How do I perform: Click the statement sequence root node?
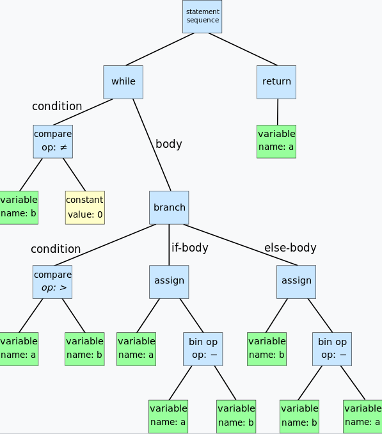tap(202, 16)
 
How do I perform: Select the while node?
tap(123, 82)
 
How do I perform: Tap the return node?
tap(276, 82)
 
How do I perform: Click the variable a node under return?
tap(276, 141)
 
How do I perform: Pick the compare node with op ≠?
tap(52, 141)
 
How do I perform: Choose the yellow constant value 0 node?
tap(84, 207)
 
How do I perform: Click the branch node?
tap(169, 207)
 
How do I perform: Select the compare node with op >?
tap(52, 282)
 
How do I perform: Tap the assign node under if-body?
tap(169, 282)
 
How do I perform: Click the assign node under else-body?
tap(296, 282)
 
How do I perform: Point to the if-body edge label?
tap(189, 248)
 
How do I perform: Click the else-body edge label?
tap(290, 248)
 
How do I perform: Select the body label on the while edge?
tap(169, 144)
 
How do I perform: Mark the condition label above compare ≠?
tap(57, 106)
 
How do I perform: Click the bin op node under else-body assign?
tap(333, 348)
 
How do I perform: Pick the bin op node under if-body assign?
tap(203, 348)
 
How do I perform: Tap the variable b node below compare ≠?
tap(19, 207)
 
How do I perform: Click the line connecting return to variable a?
tap(277, 112)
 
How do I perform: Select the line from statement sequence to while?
tap(160, 49)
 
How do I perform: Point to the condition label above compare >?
tap(56, 249)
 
